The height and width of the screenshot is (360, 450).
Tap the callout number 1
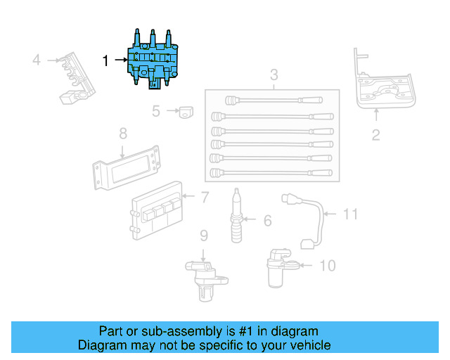[106, 61]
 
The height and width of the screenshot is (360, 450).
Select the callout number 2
[375, 135]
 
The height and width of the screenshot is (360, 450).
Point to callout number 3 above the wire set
[274, 75]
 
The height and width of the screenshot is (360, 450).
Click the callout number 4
[37, 60]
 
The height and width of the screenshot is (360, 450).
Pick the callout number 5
[156, 110]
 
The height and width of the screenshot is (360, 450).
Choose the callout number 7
[205, 198]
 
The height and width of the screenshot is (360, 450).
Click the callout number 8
[122, 132]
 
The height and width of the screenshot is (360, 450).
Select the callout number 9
[203, 235]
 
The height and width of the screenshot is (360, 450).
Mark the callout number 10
[328, 266]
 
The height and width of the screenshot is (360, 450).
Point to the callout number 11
[350, 213]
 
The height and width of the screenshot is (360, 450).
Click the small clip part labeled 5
[185, 111]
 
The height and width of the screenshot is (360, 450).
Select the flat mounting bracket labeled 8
[127, 167]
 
